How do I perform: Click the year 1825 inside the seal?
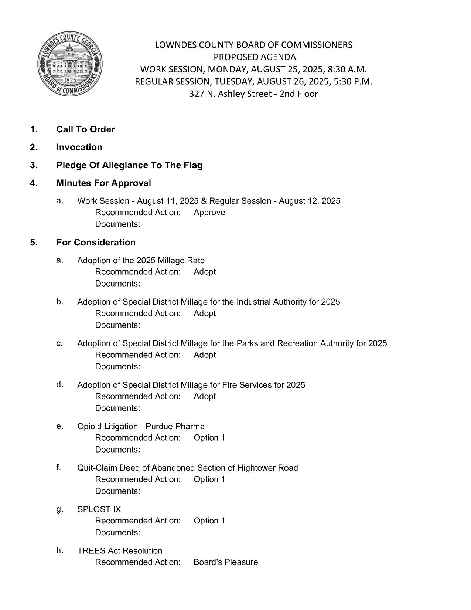[70, 80]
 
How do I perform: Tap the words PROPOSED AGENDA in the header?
[255, 57]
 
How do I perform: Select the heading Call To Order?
[85, 129]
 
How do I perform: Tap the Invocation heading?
[79, 147]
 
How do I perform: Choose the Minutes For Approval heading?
[103, 183]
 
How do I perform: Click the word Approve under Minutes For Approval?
[209, 213]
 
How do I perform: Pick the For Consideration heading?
[96, 243]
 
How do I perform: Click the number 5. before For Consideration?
[34, 243]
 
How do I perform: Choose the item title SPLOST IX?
[99, 509]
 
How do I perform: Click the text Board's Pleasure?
[226, 562]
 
